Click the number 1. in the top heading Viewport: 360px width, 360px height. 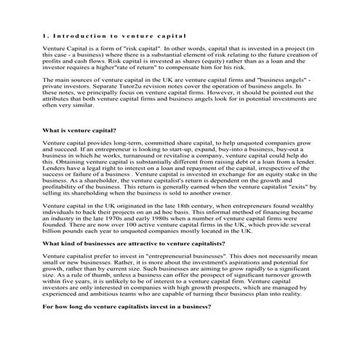tap(46, 36)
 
